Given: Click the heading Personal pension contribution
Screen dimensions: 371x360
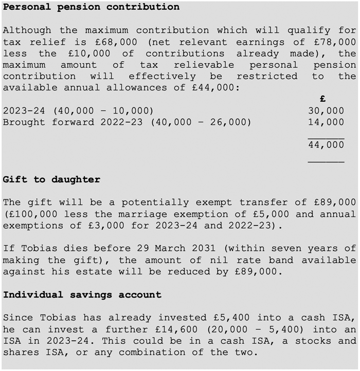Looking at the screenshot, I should click(91, 7).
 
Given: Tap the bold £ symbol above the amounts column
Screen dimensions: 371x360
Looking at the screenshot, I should click(322, 99).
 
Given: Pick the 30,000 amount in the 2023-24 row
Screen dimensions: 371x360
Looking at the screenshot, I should click(326, 110).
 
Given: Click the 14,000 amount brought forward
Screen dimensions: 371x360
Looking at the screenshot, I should click(326, 122).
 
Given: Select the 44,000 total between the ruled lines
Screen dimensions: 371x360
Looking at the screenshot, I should click(326, 145).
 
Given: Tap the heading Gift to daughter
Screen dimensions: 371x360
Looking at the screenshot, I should click(51, 179).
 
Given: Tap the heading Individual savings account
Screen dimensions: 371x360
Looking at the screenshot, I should click(82, 295).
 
